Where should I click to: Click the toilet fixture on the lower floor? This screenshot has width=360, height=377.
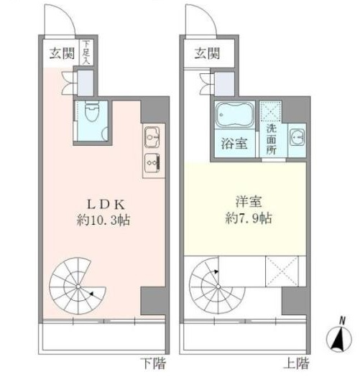[x=92, y=111]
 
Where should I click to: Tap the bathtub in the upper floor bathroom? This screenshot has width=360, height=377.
[x=235, y=115]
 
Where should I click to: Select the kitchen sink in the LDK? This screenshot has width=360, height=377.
[x=152, y=137]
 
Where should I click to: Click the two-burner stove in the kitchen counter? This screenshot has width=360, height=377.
[x=152, y=163]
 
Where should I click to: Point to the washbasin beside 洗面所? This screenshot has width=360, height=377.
[x=297, y=137]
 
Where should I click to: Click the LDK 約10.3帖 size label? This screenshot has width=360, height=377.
[x=103, y=220]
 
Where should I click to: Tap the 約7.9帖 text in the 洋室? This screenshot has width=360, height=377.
[x=249, y=218]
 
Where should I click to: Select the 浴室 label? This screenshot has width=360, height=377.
[x=234, y=144]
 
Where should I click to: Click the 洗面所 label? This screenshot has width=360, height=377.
[x=271, y=140]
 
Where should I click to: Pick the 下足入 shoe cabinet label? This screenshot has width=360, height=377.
[x=86, y=52]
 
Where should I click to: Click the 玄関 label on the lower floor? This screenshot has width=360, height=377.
[x=62, y=53]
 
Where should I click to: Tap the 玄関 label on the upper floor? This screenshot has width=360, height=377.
[x=207, y=53]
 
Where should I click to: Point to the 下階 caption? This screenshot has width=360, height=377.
[x=153, y=363]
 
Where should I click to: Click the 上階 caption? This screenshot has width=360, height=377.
[x=296, y=363]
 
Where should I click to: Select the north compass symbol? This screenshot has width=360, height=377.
[x=339, y=335]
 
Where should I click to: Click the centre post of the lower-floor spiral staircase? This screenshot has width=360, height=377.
[x=78, y=287]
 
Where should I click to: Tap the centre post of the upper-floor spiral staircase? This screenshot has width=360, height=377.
[x=218, y=287]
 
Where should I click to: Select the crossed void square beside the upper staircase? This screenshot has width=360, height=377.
[x=282, y=271]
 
